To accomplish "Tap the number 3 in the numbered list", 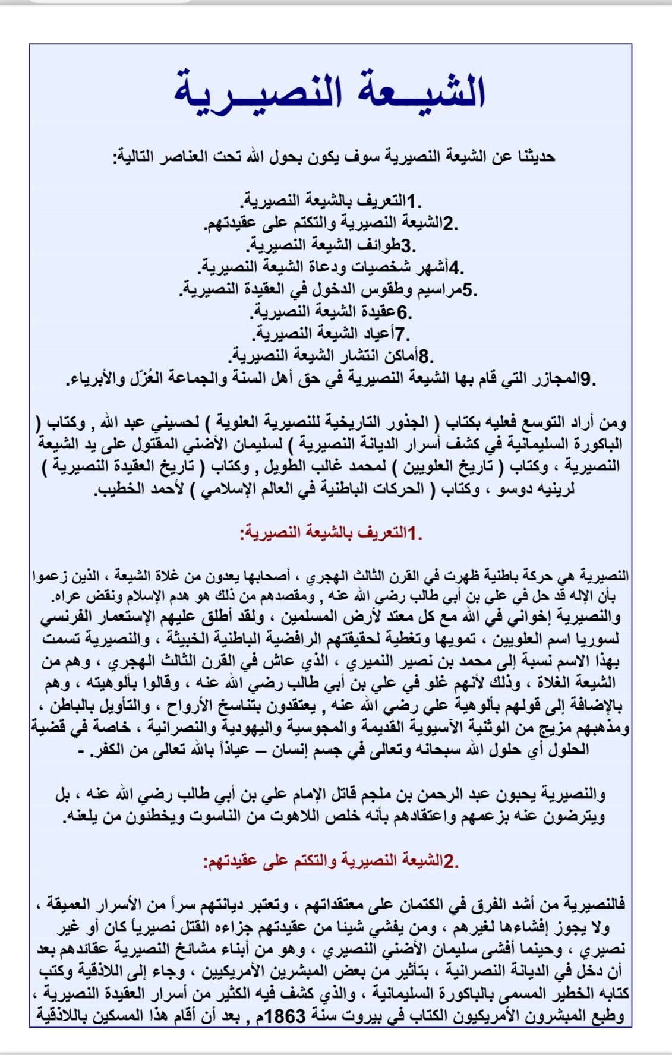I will pyautogui.click(x=406, y=245).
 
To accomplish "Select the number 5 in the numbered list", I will pyautogui.click(x=468, y=290).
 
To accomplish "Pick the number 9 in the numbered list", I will pyautogui.click(x=586, y=378).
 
